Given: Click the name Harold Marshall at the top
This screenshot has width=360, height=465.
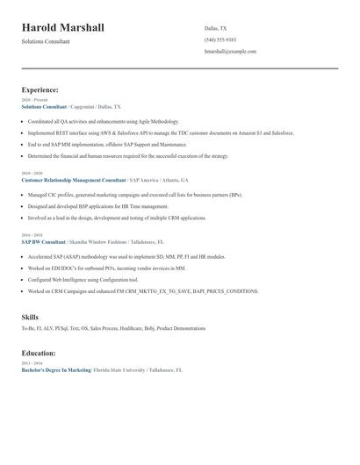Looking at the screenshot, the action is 63,28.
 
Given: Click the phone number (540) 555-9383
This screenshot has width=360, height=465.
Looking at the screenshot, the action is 220,39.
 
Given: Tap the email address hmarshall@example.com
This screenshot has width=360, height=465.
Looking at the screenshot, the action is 230,52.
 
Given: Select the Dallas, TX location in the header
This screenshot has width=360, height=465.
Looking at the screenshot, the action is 215,28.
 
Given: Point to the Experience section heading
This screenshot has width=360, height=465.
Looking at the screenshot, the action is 40,89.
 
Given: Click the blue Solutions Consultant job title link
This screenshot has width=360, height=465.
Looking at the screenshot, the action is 44,106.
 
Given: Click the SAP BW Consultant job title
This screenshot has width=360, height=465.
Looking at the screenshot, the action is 43,241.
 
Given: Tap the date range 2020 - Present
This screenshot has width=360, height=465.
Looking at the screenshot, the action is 34,100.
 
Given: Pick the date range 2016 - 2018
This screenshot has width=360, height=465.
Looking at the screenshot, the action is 32,235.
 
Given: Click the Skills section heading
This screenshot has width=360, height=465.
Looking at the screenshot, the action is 30,316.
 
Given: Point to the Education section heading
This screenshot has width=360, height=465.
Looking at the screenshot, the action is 39,353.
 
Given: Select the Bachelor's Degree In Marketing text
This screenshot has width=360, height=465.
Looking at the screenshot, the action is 56,370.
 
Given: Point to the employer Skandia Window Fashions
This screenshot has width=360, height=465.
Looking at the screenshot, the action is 98,241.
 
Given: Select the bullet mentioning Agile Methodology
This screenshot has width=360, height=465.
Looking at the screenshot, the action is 104,122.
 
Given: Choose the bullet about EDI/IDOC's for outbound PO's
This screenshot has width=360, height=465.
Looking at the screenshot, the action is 107,268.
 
